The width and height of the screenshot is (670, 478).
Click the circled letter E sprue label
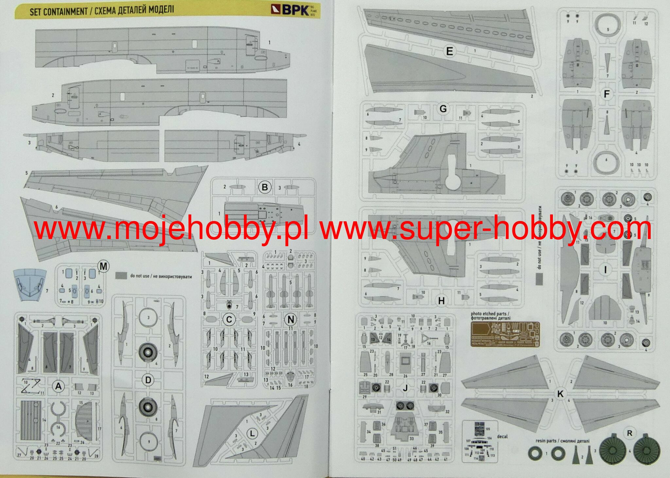coord(449,51)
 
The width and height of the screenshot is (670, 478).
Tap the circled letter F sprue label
coord(607,94)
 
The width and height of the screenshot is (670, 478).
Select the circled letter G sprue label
coord(443,108)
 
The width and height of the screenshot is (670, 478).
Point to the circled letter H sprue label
coord(441,301)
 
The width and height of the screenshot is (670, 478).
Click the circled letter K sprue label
coord(560,394)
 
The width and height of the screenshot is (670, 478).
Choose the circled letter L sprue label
coord(252,434)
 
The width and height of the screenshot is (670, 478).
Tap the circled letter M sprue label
coord(104,267)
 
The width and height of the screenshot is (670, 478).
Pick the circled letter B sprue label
coord(265,187)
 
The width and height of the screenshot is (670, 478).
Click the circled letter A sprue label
coord(58,387)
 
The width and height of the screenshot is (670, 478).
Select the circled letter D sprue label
coord(148,380)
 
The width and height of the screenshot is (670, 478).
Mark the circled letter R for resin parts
coord(629,433)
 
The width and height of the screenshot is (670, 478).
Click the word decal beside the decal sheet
coord(502,436)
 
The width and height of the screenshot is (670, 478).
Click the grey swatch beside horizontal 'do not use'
coord(121,276)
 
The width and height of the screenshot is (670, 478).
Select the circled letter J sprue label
coord(405,388)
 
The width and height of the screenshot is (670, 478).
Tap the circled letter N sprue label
coord(290,320)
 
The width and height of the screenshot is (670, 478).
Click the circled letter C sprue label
coord(229,320)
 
